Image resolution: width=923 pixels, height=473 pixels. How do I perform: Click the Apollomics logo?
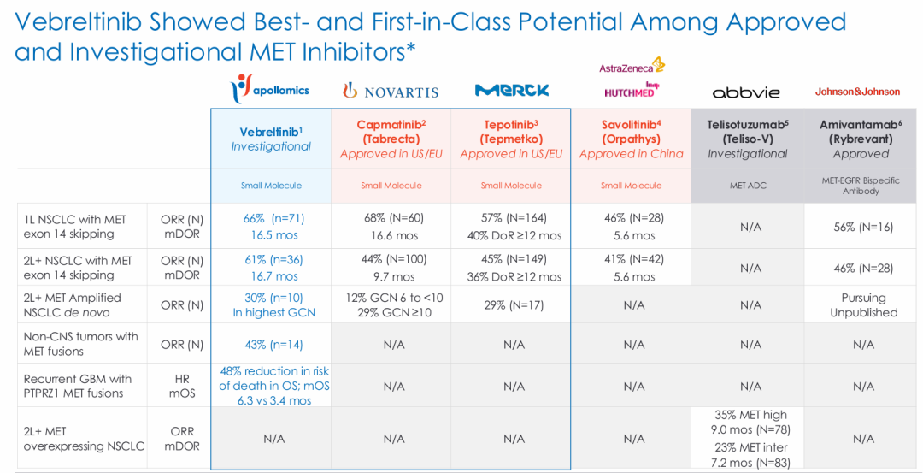click(x=271, y=89)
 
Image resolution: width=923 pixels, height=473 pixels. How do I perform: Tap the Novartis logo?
click(x=391, y=91)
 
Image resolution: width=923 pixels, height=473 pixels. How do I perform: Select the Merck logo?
click(x=511, y=90)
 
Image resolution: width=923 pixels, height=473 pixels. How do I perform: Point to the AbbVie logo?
click(x=746, y=92)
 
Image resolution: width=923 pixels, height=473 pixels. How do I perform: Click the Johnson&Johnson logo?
click(x=857, y=92)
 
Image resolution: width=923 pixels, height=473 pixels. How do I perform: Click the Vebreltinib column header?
click(x=272, y=139)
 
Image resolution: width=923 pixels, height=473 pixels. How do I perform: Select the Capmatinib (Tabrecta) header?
click(x=391, y=139)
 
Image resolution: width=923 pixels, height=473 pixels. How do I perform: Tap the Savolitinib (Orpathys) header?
click(x=632, y=139)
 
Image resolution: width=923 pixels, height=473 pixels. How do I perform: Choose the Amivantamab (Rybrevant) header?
click(x=861, y=139)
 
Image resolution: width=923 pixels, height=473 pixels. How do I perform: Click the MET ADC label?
click(x=748, y=186)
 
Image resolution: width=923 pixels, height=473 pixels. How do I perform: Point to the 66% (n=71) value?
click(x=273, y=218)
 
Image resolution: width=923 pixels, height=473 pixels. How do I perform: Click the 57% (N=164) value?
click(x=512, y=218)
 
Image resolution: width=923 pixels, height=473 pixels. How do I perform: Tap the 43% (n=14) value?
click(x=273, y=344)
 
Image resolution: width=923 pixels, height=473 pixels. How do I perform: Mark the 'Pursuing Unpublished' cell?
click(x=863, y=305)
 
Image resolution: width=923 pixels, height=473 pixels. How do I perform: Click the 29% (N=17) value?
click(x=512, y=305)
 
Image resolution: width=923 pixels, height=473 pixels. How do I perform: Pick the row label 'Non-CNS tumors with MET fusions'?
click(x=81, y=344)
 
